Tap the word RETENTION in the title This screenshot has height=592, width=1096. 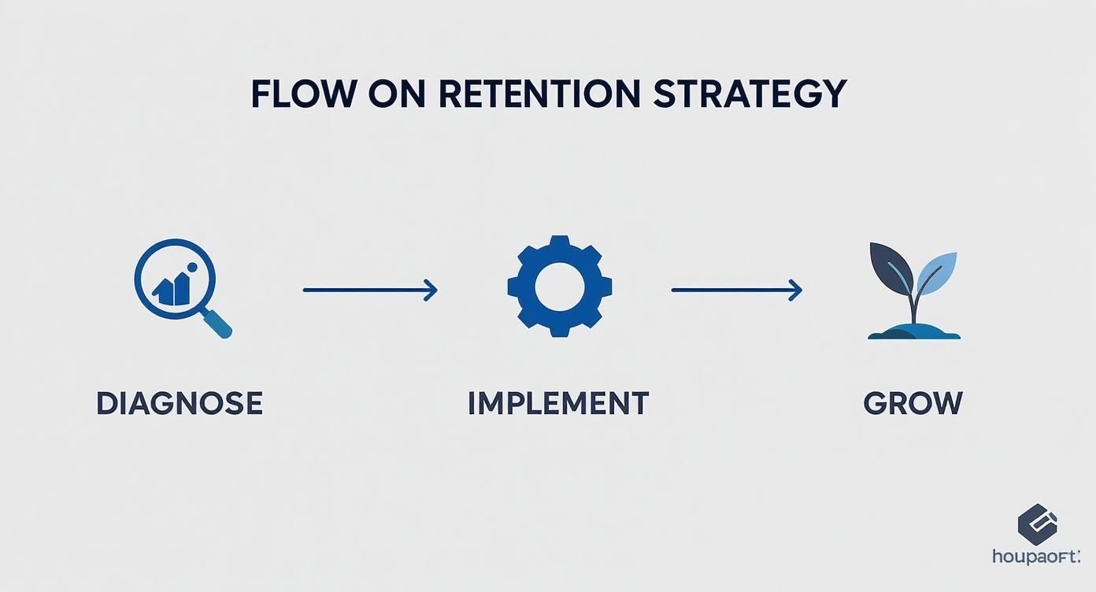[x=539, y=94]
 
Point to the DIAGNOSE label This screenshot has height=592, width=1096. [x=180, y=403]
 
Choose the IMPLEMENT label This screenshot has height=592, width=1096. [x=558, y=403]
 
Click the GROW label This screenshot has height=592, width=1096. [x=913, y=403]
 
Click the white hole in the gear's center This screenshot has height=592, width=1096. [x=560, y=286]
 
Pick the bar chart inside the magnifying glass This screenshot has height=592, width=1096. [x=172, y=290]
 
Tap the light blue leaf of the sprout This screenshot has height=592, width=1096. [x=938, y=272]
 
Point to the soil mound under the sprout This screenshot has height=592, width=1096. [x=914, y=331]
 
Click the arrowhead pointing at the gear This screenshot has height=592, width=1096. [x=431, y=290]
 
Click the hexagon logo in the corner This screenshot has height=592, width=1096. [x=1038, y=524]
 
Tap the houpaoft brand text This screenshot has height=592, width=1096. [x=1036, y=557]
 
